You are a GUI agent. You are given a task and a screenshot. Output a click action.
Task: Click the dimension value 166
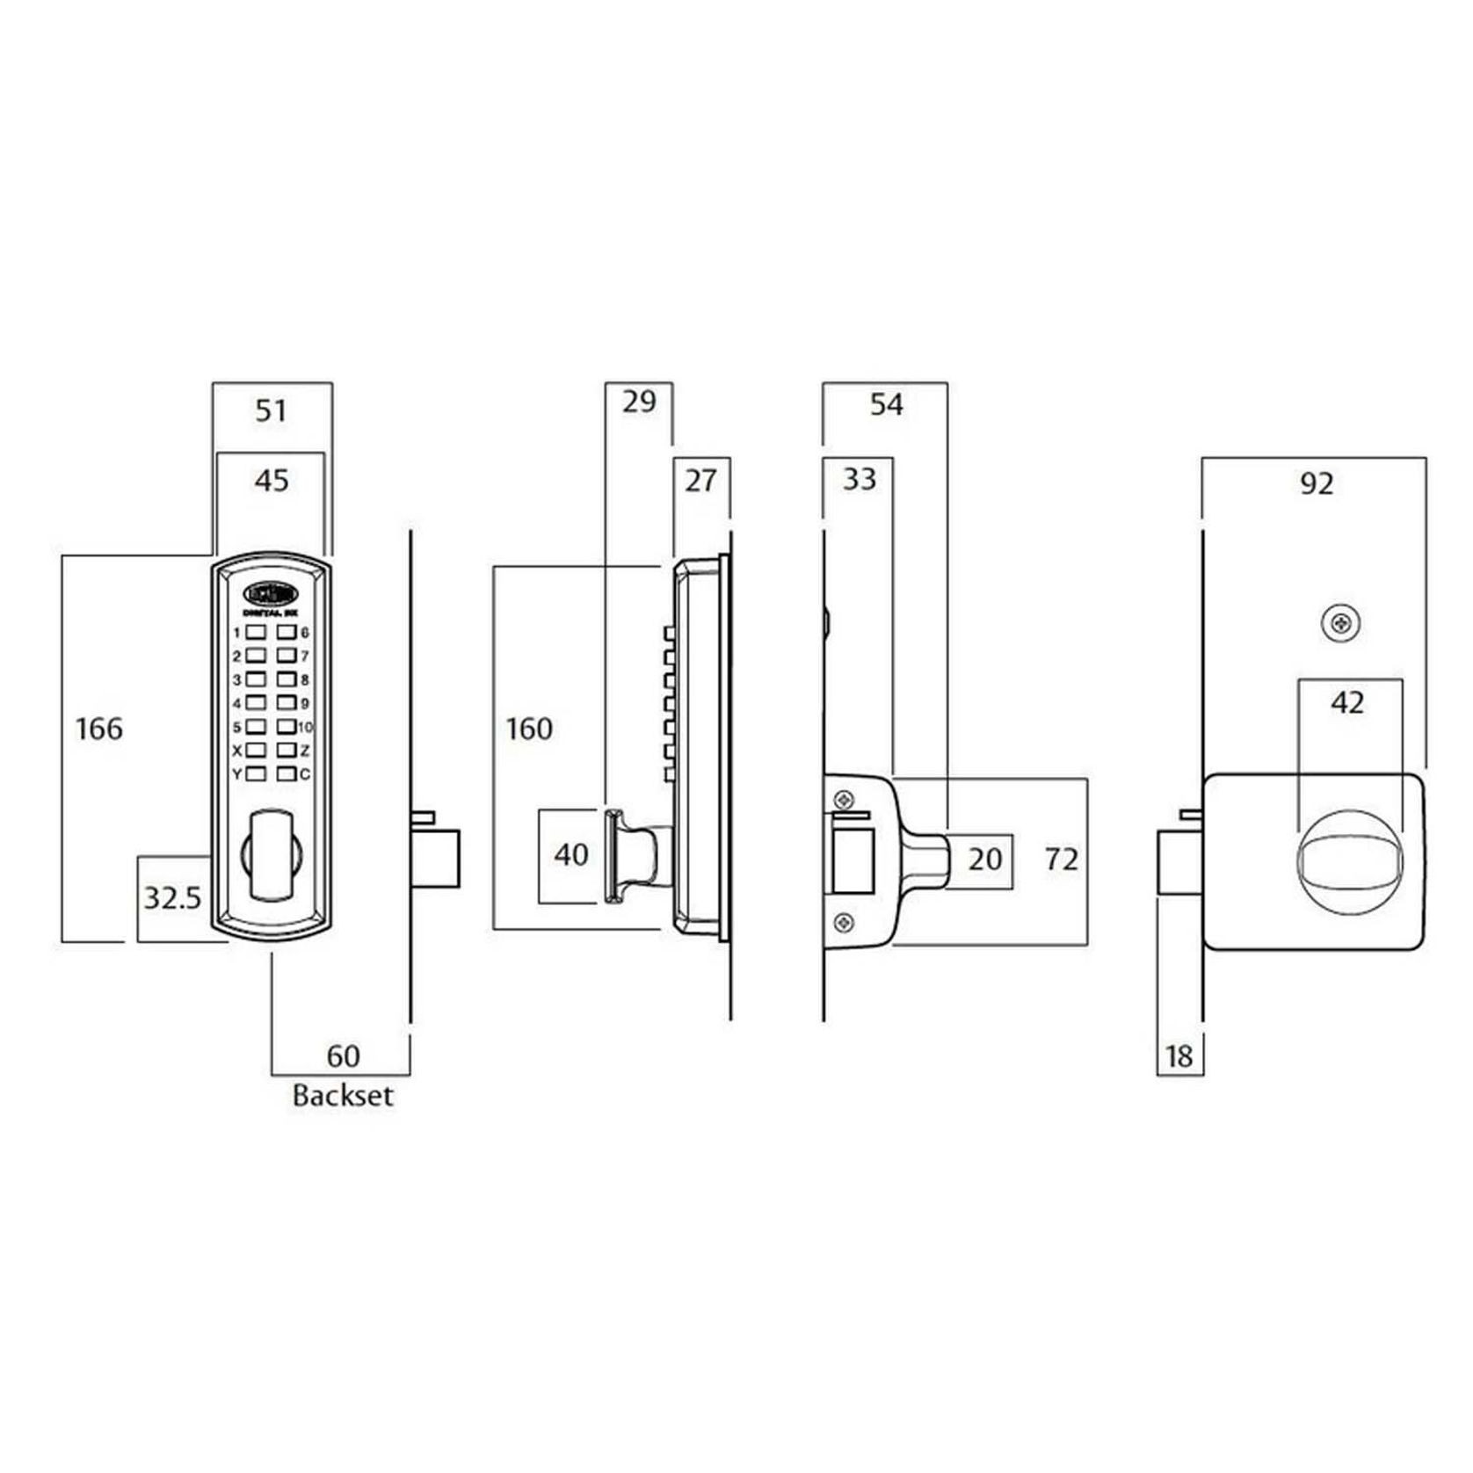click(99, 729)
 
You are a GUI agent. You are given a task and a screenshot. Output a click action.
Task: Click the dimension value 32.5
click(172, 897)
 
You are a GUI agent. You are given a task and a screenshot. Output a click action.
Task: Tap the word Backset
click(343, 1096)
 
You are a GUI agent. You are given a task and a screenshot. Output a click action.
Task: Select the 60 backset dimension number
click(343, 1056)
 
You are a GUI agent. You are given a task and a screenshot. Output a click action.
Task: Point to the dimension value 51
click(271, 410)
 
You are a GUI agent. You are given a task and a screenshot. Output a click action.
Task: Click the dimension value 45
click(271, 480)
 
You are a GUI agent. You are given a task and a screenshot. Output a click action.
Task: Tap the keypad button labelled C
click(286, 774)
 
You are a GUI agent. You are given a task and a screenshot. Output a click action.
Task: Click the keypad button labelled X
click(257, 751)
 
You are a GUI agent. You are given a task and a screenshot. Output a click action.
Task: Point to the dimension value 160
click(529, 729)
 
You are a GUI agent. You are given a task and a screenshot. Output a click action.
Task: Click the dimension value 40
click(571, 854)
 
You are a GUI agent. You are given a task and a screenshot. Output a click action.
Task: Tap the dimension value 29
click(639, 402)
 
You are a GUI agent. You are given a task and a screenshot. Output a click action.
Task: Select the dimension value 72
click(1062, 859)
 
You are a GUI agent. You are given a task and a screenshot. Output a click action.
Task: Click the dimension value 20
click(984, 859)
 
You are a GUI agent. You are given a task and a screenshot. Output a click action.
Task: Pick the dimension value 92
click(1317, 483)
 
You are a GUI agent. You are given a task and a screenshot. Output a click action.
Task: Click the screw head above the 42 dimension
click(1340, 624)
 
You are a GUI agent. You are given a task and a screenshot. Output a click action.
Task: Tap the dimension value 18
click(1179, 1056)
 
